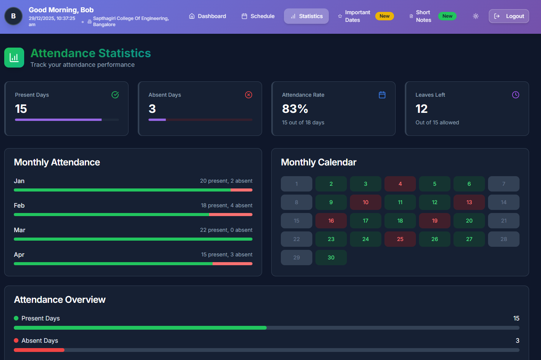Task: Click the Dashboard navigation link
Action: pyautogui.click(x=208, y=16)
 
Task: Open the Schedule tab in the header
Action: pyautogui.click(x=258, y=16)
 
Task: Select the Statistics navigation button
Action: pyautogui.click(x=306, y=16)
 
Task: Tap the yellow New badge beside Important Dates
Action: pyautogui.click(x=384, y=16)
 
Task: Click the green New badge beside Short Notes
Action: pyautogui.click(x=447, y=16)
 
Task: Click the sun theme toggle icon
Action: pyautogui.click(x=476, y=16)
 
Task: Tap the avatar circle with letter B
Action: pyautogui.click(x=13, y=16)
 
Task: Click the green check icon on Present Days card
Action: pyautogui.click(x=115, y=95)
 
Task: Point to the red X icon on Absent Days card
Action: pyautogui.click(x=249, y=95)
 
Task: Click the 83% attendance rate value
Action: pyautogui.click(x=295, y=109)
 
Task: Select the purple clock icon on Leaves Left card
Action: pyautogui.click(x=516, y=95)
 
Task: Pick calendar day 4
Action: pyautogui.click(x=400, y=184)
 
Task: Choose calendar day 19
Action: pyautogui.click(x=435, y=221)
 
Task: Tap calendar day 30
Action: pyautogui.click(x=331, y=258)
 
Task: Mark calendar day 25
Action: pyautogui.click(x=400, y=239)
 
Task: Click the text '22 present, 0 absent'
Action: pyautogui.click(x=226, y=230)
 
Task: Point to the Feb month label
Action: pyautogui.click(x=19, y=205)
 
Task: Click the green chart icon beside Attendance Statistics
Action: pyautogui.click(x=14, y=58)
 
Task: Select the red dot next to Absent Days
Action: pyautogui.click(x=16, y=340)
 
